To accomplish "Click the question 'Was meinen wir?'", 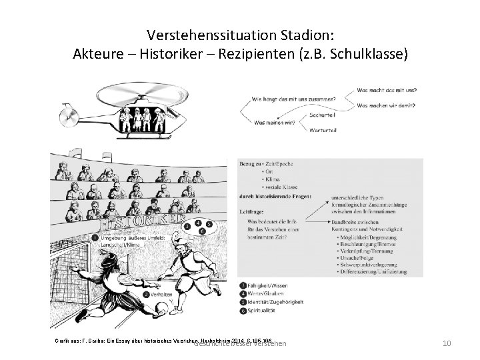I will coord(275,122).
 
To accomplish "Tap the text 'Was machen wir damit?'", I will coord(387,105).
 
